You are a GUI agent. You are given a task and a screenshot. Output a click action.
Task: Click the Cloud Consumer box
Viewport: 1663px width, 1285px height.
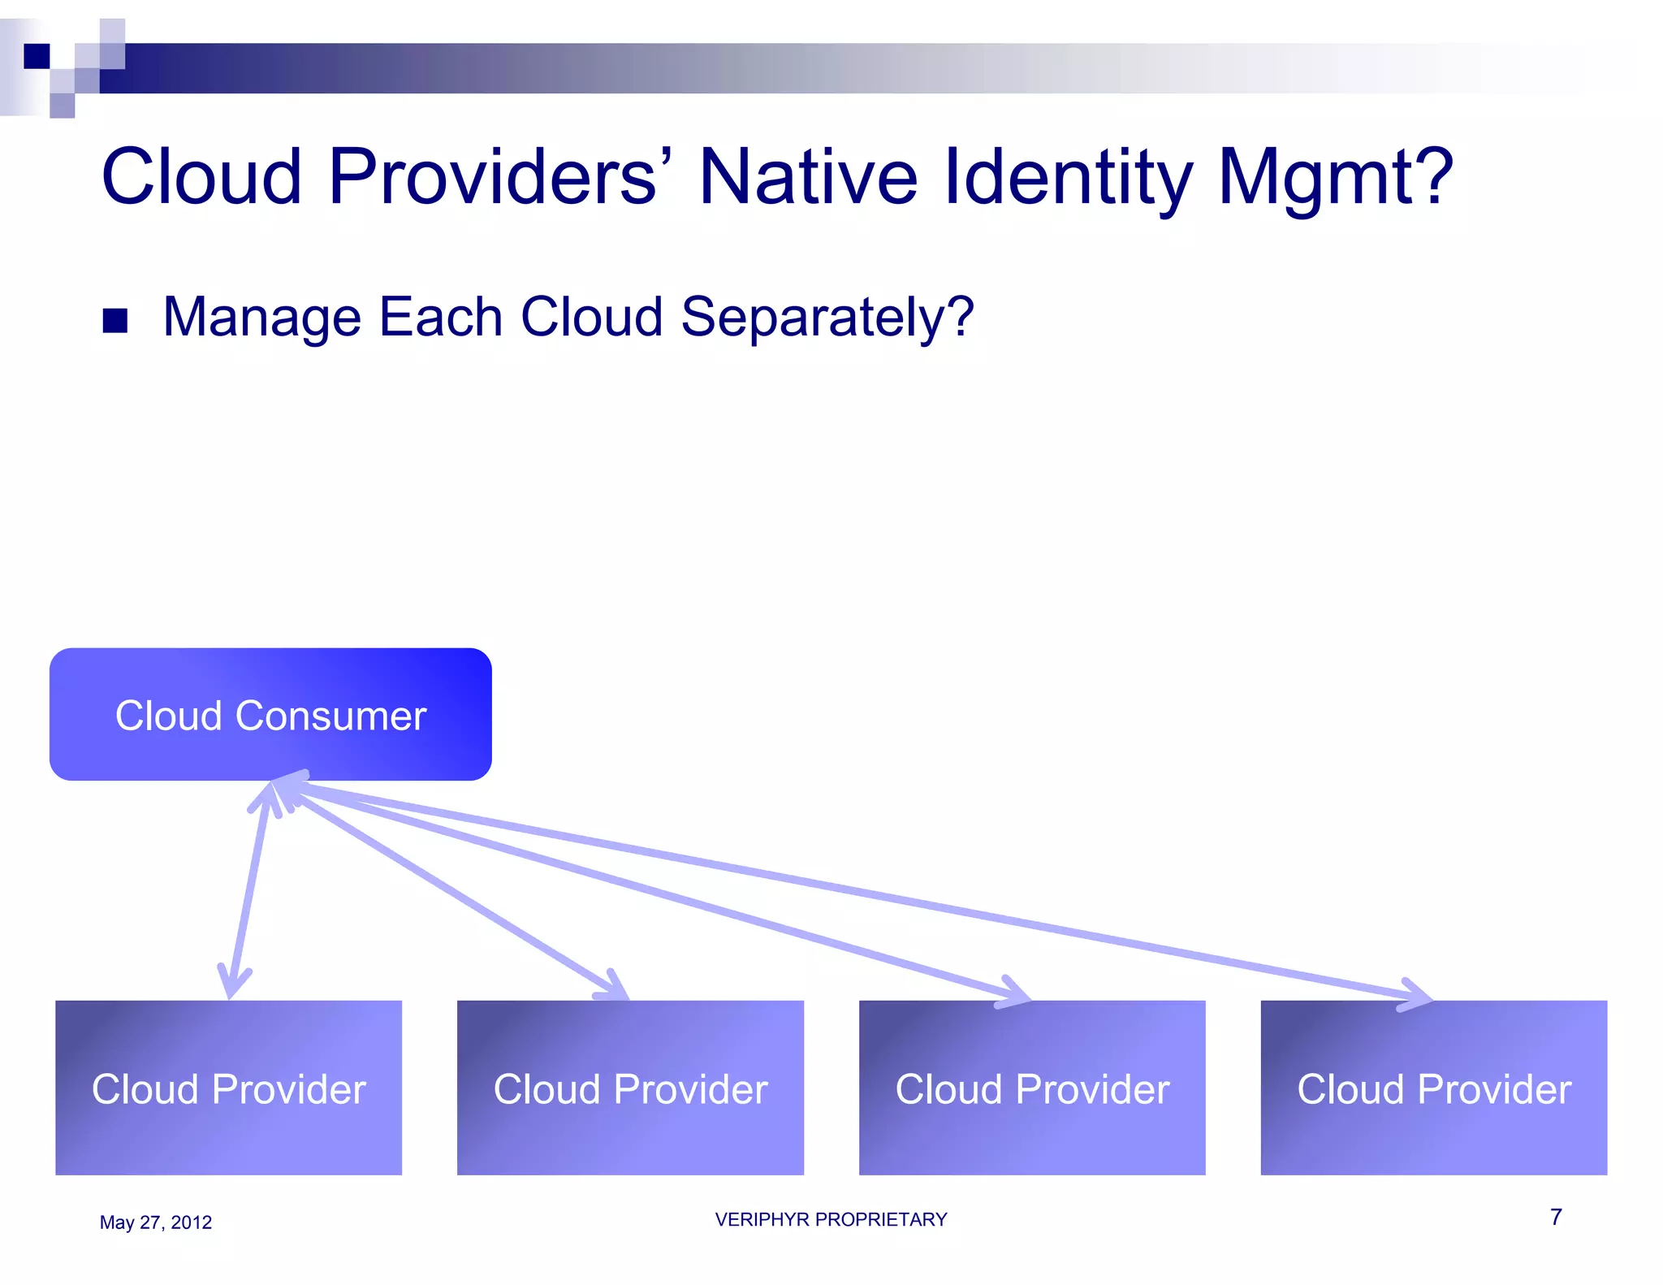coord(270,714)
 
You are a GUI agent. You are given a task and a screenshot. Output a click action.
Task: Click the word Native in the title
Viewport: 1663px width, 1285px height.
coord(807,176)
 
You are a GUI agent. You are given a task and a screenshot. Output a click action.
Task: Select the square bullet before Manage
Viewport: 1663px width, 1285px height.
coord(115,321)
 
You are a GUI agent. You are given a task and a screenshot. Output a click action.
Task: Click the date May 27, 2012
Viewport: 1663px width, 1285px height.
coord(155,1222)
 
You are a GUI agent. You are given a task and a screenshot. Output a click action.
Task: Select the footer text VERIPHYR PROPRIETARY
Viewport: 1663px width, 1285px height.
coord(831,1219)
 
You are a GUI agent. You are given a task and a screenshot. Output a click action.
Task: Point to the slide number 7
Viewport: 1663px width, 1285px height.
coord(1556,1217)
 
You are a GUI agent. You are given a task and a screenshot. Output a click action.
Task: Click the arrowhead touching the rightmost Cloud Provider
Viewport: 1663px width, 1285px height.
coord(1417,995)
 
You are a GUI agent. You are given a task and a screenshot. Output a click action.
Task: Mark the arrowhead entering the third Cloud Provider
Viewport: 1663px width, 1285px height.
coord(1015,992)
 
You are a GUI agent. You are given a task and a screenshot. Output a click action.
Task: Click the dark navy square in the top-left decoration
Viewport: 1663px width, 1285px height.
coord(37,56)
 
